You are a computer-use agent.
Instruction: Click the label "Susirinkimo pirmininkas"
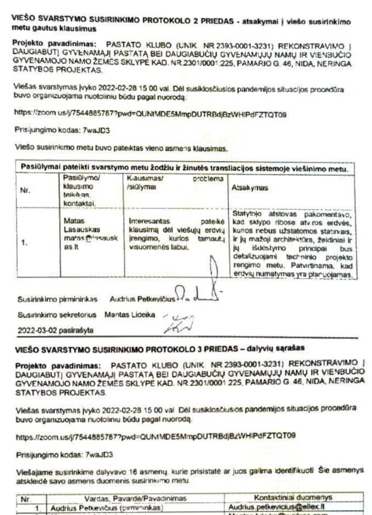[57, 299]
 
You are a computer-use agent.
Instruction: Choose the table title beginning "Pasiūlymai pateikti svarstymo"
[184, 168]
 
